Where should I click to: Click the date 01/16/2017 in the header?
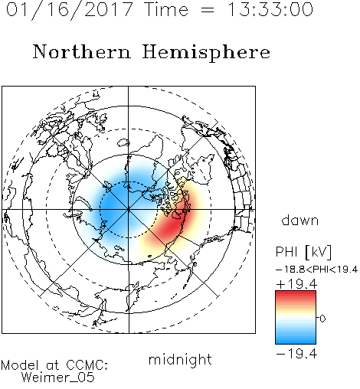(x=70, y=10)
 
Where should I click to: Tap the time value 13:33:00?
(x=270, y=9)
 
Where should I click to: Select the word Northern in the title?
(x=82, y=51)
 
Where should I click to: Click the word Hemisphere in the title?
(x=206, y=53)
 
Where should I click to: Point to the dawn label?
(x=300, y=220)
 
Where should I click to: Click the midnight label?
(x=180, y=360)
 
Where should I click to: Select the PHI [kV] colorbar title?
(x=303, y=252)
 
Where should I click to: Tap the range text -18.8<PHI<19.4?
(x=317, y=270)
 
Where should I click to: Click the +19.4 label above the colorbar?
(x=296, y=284)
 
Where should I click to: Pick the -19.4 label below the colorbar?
(x=296, y=354)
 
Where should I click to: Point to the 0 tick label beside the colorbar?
(x=322, y=319)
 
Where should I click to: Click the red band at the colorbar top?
(x=296, y=295)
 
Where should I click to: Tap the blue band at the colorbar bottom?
(x=296, y=340)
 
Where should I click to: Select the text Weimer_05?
(x=58, y=378)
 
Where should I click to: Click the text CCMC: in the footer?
(x=87, y=365)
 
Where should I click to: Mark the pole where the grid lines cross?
(x=129, y=210)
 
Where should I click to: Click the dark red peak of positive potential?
(x=174, y=224)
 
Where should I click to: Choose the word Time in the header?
(x=166, y=9)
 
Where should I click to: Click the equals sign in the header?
(x=208, y=10)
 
